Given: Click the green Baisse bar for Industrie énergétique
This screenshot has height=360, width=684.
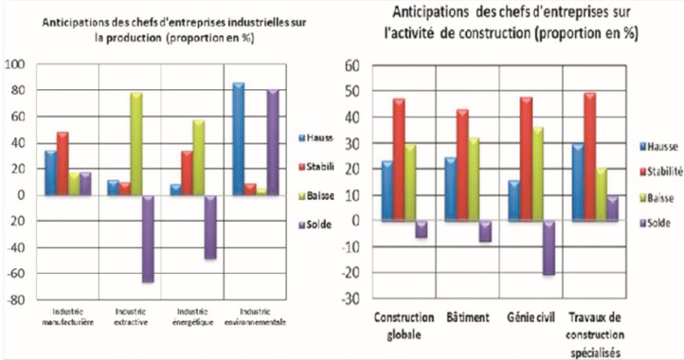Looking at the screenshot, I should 200,157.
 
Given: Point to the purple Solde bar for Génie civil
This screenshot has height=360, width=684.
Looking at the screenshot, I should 549,247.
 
